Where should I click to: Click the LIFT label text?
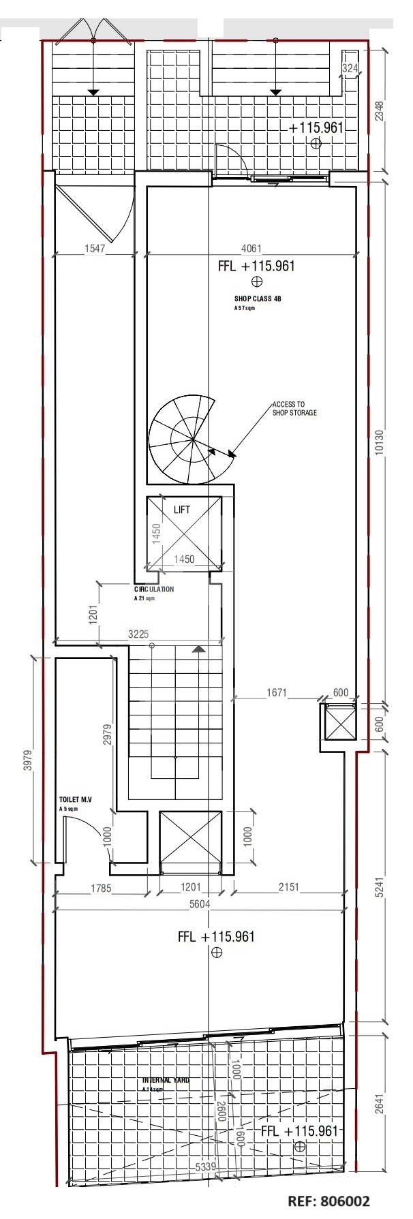pyautogui.click(x=182, y=509)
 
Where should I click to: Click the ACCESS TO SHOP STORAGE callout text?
pyautogui.click(x=294, y=408)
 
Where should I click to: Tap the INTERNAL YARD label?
pyautogui.click(x=166, y=1081)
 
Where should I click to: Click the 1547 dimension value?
pyautogui.click(x=95, y=249)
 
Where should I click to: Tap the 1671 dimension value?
pyautogui.click(x=276, y=693)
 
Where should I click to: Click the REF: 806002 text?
pyautogui.click(x=329, y=1201)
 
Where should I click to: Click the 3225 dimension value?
pyautogui.click(x=139, y=634)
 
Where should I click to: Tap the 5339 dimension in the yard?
pyautogui.click(x=206, y=1167)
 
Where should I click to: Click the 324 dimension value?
pyautogui.click(x=350, y=68)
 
